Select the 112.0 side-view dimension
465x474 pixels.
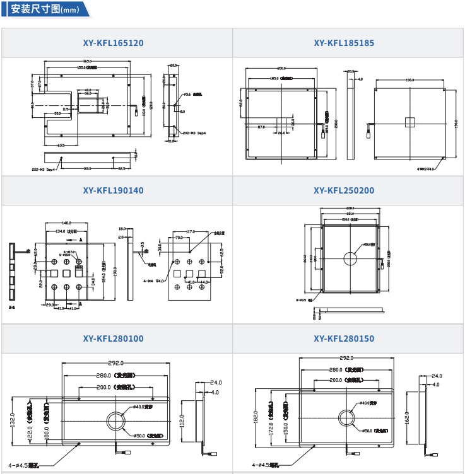click(x=182, y=420)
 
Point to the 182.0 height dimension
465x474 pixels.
click(x=256, y=417)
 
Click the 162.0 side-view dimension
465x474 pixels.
click(x=407, y=417)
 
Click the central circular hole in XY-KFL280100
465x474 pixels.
click(x=117, y=421)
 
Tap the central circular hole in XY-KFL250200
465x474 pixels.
click(x=351, y=257)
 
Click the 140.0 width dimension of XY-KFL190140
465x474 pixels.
click(x=66, y=223)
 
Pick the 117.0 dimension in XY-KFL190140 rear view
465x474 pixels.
click(x=189, y=231)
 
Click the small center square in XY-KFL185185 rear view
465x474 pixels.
click(x=410, y=122)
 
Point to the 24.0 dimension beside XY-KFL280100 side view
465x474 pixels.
click(x=216, y=383)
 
